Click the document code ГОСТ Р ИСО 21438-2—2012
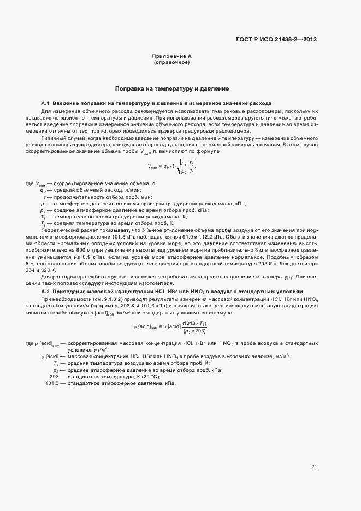click(277, 39)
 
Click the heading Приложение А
click(171, 56)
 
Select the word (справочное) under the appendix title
click(171, 63)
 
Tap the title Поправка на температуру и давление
click(171, 88)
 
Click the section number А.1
click(46, 104)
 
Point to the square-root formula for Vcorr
click(171, 167)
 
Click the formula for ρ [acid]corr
click(171, 328)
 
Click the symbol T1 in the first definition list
click(42, 217)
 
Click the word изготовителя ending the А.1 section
click(158, 283)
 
